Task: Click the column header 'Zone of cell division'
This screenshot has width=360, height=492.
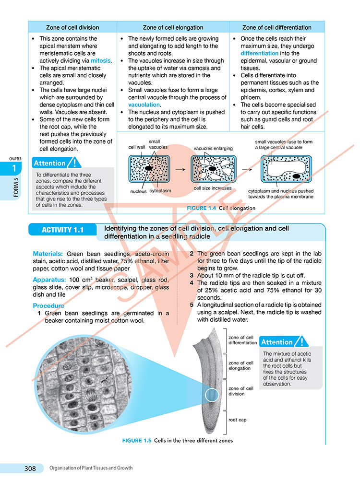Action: tap(72, 27)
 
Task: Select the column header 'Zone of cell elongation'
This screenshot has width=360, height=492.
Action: tap(173, 27)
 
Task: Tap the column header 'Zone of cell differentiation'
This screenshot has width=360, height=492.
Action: tap(277, 27)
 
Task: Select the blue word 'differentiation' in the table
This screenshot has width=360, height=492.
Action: tap(259, 53)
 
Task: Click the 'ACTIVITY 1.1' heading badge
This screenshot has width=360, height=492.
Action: tap(62, 230)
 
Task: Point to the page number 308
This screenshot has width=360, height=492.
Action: tap(30, 469)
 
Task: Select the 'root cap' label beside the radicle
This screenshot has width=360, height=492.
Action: tap(237, 420)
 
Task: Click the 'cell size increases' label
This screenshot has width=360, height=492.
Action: tap(213, 188)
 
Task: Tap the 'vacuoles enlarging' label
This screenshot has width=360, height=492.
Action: tap(213, 149)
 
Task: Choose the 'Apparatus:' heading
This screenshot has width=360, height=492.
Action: tap(49, 279)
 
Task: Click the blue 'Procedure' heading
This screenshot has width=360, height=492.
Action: tap(48, 305)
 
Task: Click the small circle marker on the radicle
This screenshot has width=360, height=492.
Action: tap(212, 395)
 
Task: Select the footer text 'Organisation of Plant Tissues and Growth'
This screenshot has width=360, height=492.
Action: tap(91, 468)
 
